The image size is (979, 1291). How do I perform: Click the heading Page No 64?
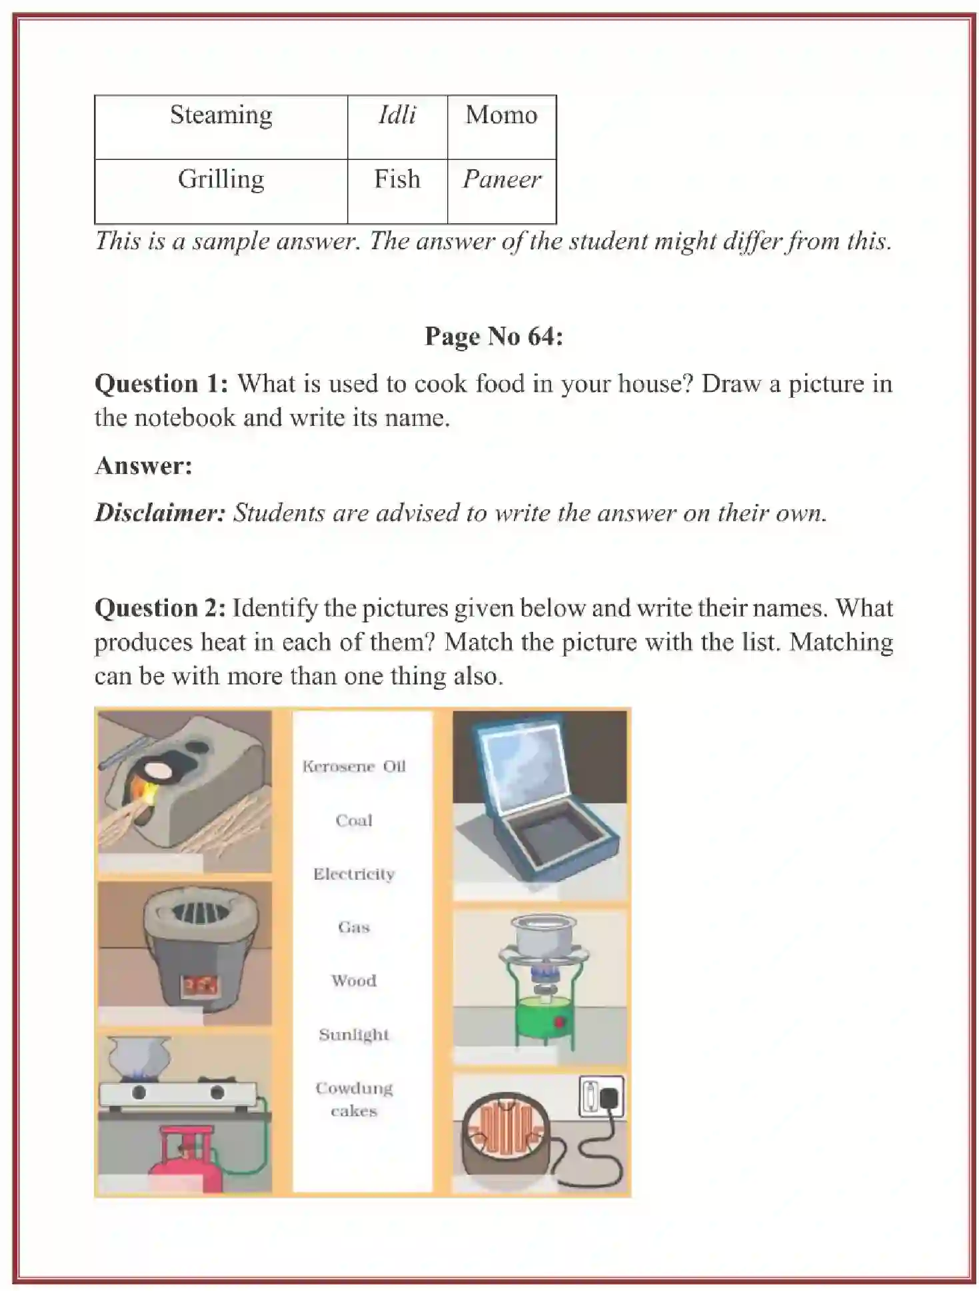pyautogui.click(x=494, y=337)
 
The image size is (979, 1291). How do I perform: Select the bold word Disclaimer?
pyautogui.click(x=160, y=513)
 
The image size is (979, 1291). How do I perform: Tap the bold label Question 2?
pyautogui.click(x=160, y=608)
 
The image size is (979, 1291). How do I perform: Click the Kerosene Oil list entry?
pyautogui.click(x=354, y=766)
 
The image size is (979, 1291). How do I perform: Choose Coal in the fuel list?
pyautogui.click(x=354, y=820)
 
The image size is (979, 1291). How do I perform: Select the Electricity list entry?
pyautogui.click(x=354, y=874)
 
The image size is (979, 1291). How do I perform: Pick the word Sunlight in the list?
pyautogui.click(x=354, y=1034)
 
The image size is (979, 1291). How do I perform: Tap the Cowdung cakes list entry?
pyautogui.click(x=354, y=1099)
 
